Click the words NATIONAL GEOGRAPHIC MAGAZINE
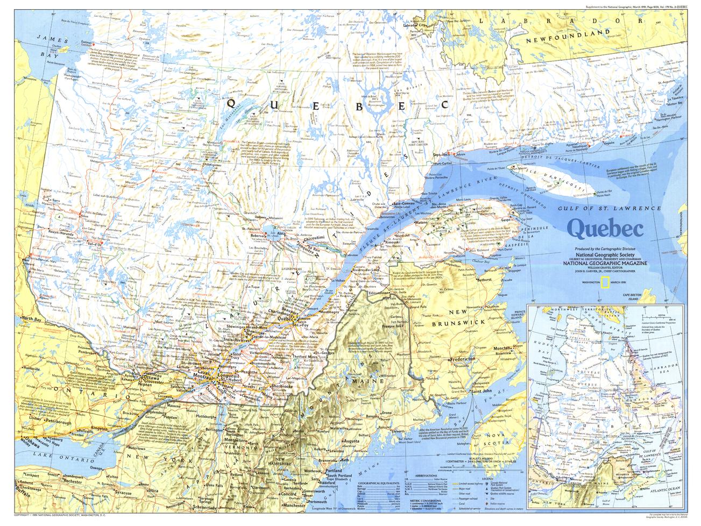tap(596, 264)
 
